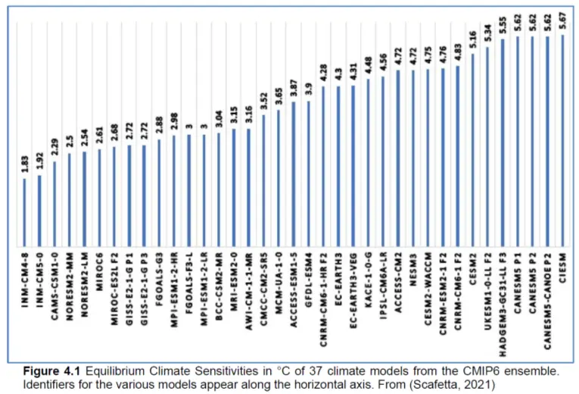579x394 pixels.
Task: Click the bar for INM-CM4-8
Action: point(25,212)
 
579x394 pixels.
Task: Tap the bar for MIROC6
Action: point(99,198)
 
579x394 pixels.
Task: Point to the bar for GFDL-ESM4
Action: point(309,174)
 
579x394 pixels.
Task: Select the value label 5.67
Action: point(563,20)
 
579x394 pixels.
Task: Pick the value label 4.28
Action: point(324,73)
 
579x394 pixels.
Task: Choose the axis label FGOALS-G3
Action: point(160,281)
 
